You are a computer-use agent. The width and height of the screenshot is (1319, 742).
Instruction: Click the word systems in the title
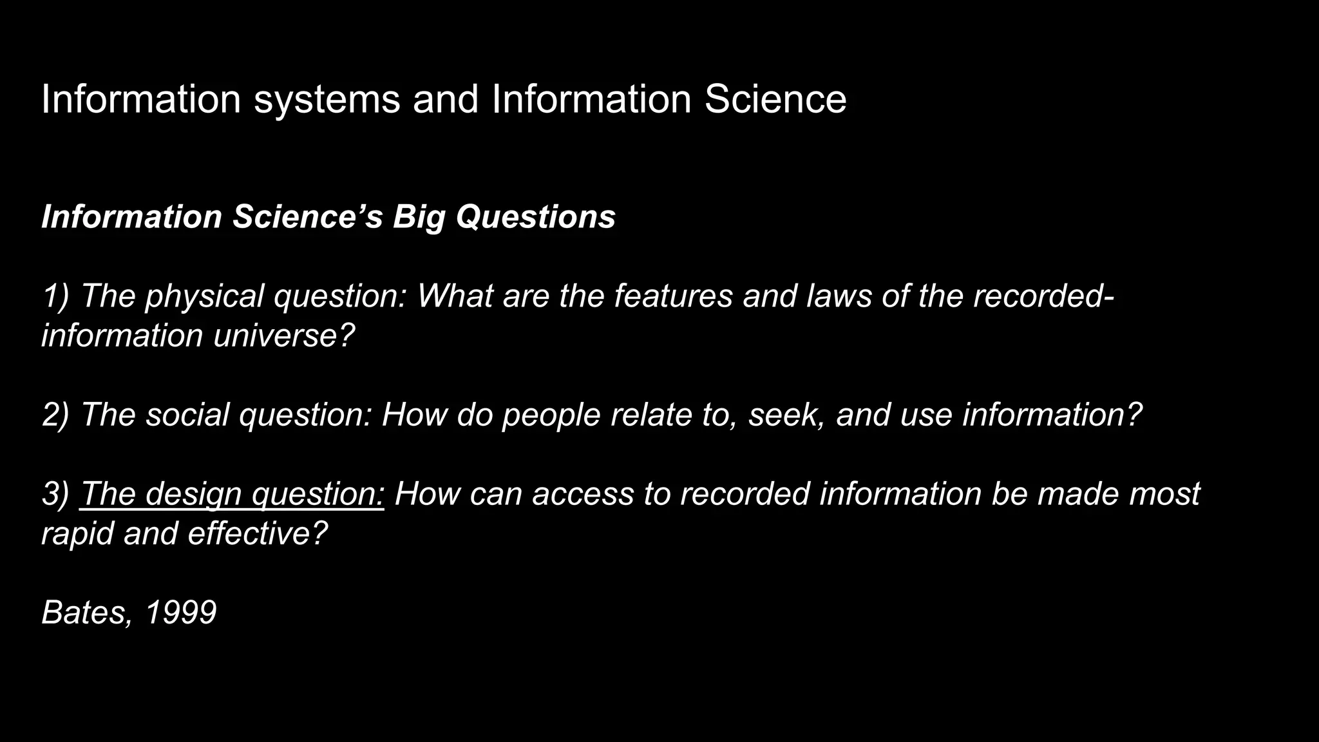pos(327,100)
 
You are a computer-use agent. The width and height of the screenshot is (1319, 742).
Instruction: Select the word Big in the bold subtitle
pos(419,217)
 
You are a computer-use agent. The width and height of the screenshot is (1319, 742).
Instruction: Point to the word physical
pos(204,297)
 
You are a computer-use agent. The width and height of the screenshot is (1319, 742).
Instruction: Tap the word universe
pos(284,336)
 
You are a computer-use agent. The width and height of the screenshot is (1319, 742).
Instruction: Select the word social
pos(187,414)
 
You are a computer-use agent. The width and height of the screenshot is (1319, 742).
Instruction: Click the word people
pos(551,415)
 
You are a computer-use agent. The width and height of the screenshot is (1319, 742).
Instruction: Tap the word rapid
pos(77,534)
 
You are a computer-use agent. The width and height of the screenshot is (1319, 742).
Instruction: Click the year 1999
pos(181,613)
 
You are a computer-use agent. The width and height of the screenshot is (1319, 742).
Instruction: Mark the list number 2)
pos(55,415)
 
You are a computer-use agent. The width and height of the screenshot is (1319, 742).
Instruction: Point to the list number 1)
pos(55,296)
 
